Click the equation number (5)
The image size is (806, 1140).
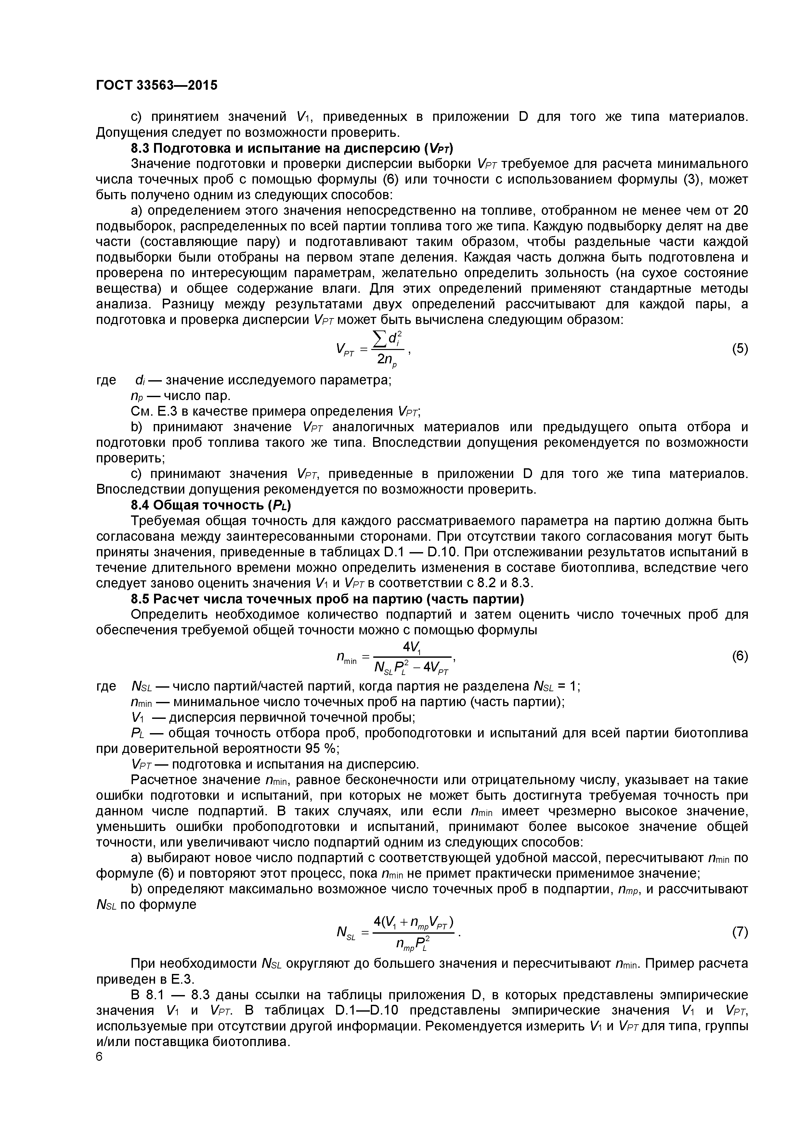point(739,349)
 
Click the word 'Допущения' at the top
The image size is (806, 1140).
point(130,133)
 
